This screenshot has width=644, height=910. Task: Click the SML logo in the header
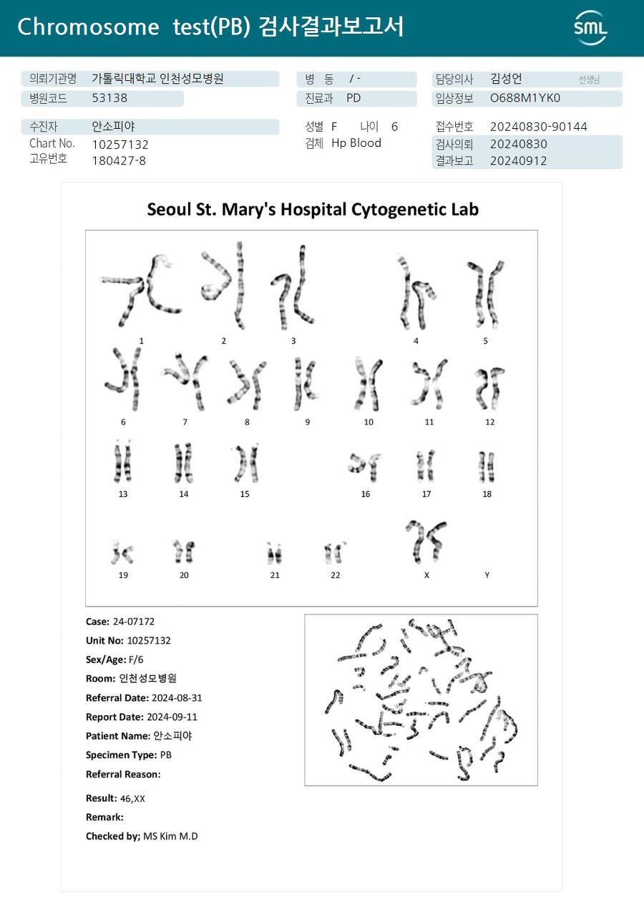point(590,28)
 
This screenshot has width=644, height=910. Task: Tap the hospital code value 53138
point(109,98)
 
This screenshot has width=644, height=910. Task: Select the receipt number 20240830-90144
point(538,127)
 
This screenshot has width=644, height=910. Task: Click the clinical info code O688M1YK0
point(525,98)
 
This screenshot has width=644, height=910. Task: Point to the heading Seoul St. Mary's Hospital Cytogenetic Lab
point(313,209)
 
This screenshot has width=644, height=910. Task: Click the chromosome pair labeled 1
point(141,292)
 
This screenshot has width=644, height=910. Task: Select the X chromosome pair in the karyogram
point(426,541)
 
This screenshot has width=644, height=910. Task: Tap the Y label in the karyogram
point(487,575)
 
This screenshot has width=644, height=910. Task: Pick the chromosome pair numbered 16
point(365,466)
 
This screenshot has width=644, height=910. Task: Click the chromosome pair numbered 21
point(274,553)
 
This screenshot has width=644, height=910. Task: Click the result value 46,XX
point(132,798)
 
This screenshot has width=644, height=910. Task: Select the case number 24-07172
point(133,621)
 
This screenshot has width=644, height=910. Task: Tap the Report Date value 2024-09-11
point(172,717)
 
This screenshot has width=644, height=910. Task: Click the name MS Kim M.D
point(170,836)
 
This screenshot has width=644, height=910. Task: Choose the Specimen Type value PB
point(165,755)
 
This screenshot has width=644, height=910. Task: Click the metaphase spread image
point(421,700)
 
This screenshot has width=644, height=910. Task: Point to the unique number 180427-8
point(119,160)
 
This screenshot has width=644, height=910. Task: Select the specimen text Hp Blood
point(356,143)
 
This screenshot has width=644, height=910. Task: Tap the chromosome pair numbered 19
point(123,552)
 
